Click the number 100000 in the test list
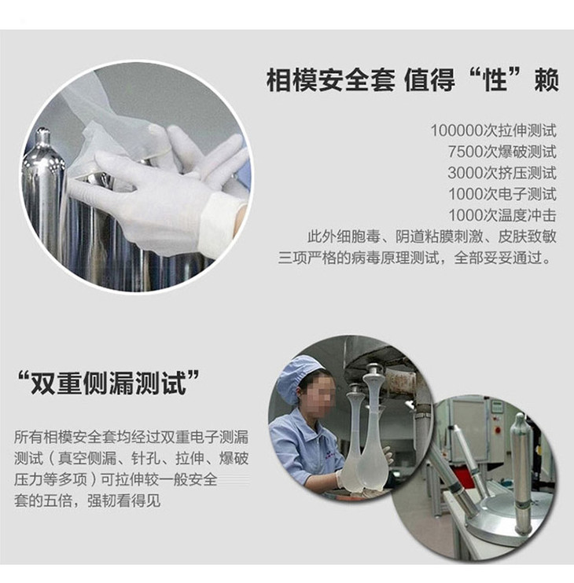(x=458, y=131)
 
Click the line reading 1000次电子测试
(x=502, y=194)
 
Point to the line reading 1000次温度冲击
(x=502, y=215)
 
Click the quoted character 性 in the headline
(x=497, y=80)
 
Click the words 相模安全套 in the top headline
(x=331, y=80)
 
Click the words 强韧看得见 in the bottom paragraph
(x=124, y=500)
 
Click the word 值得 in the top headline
(x=429, y=80)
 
